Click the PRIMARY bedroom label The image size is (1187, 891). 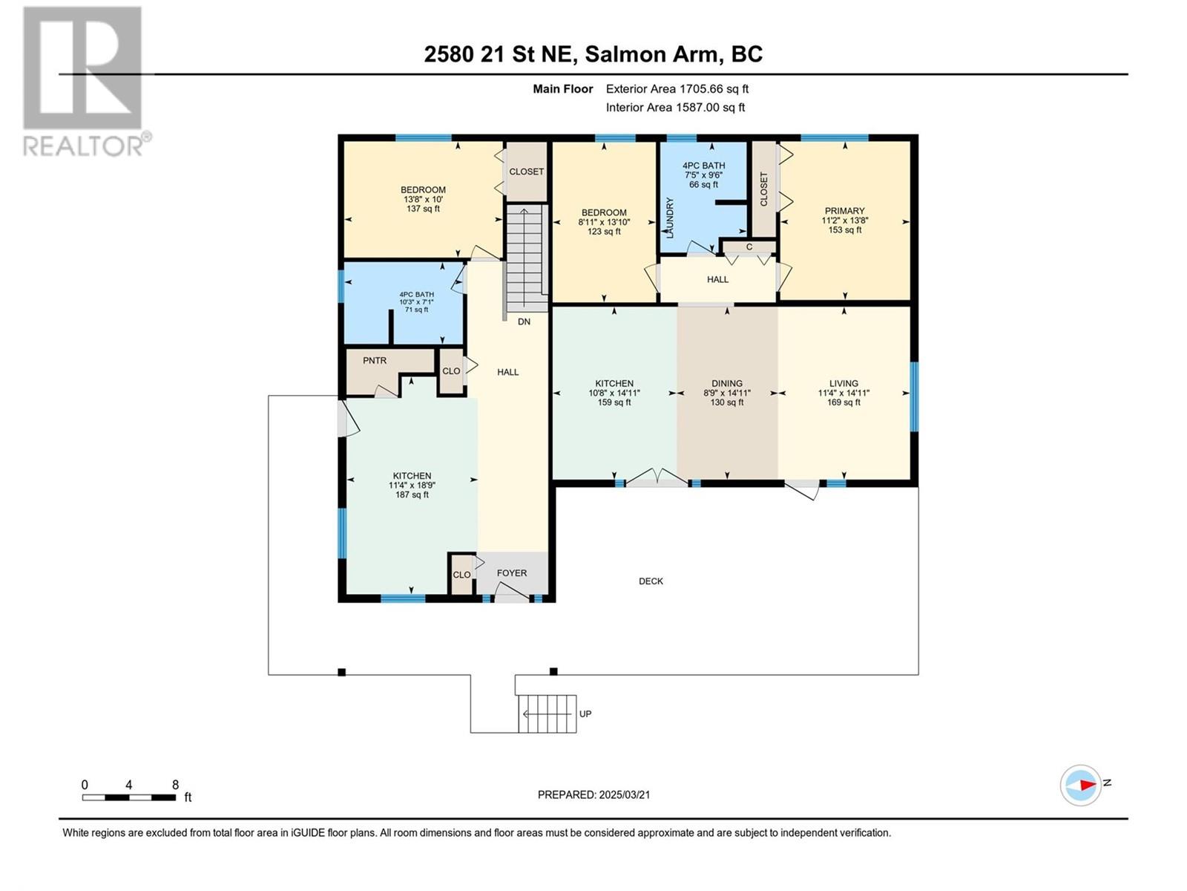[x=844, y=210]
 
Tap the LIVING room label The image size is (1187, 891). [x=843, y=383]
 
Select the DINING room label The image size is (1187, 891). [x=727, y=383]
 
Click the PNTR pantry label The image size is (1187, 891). [x=375, y=360]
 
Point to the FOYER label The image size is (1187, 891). [x=512, y=573]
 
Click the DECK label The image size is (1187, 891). [x=651, y=581]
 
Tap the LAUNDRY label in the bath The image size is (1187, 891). [x=670, y=218]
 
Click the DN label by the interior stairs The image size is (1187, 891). [x=524, y=322]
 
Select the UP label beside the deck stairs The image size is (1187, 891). [x=585, y=714]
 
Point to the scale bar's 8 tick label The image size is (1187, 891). [x=175, y=784]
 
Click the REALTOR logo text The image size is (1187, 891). [x=87, y=145]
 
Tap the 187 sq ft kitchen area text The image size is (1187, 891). [x=412, y=495]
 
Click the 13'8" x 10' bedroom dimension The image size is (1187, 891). [x=423, y=199]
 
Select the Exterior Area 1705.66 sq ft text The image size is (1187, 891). [x=677, y=88]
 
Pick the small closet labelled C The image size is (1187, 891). [x=749, y=247]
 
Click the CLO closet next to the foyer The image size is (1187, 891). [x=462, y=574]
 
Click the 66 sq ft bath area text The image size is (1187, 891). [x=703, y=184]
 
